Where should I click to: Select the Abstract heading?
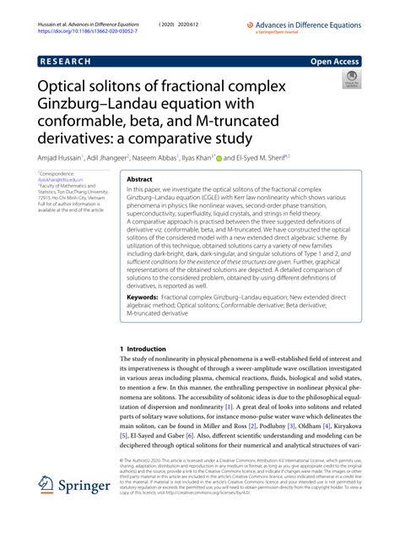139,180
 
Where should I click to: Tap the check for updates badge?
349,82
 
